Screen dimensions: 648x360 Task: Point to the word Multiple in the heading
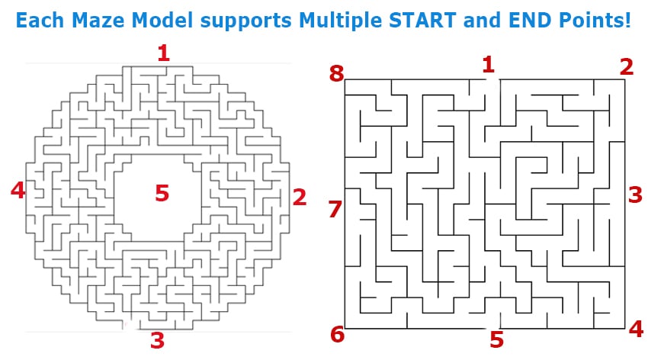click(x=340, y=21)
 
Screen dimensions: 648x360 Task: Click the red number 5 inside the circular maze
click(x=162, y=193)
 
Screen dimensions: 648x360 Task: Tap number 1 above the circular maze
click(x=164, y=53)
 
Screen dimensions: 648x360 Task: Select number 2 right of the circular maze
click(x=299, y=197)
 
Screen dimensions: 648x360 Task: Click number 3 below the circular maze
click(x=158, y=341)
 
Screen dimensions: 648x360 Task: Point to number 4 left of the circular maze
click(x=18, y=190)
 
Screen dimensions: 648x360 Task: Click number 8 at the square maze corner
click(x=336, y=73)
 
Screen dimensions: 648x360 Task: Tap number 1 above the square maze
click(x=488, y=66)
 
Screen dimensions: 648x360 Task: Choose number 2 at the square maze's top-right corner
click(x=627, y=67)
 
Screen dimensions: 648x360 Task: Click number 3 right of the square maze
click(x=636, y=195)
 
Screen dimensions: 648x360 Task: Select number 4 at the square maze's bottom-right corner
click(x=637, y=329)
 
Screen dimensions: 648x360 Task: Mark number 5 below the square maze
click(x=497, y=339)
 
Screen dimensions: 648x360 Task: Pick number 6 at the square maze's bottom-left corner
click(x=337, y=334)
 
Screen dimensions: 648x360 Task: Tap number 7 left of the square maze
click(x=335, y=209)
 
